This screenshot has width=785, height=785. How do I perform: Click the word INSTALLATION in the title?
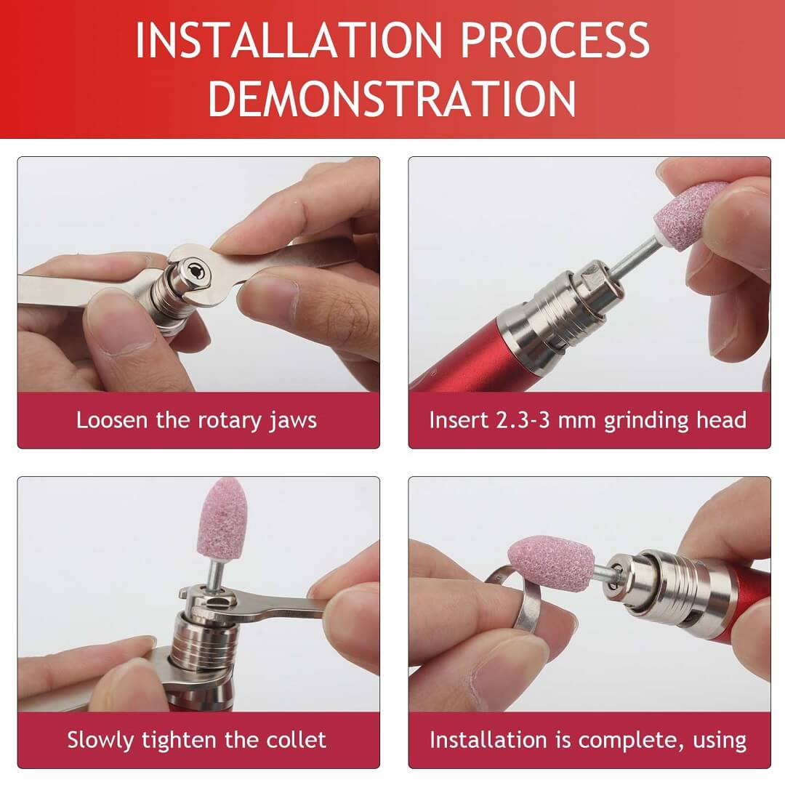pos(289,40)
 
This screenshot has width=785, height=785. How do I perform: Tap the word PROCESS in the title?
pos(555,40)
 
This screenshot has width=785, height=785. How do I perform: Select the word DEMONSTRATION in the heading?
pos(392,98)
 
